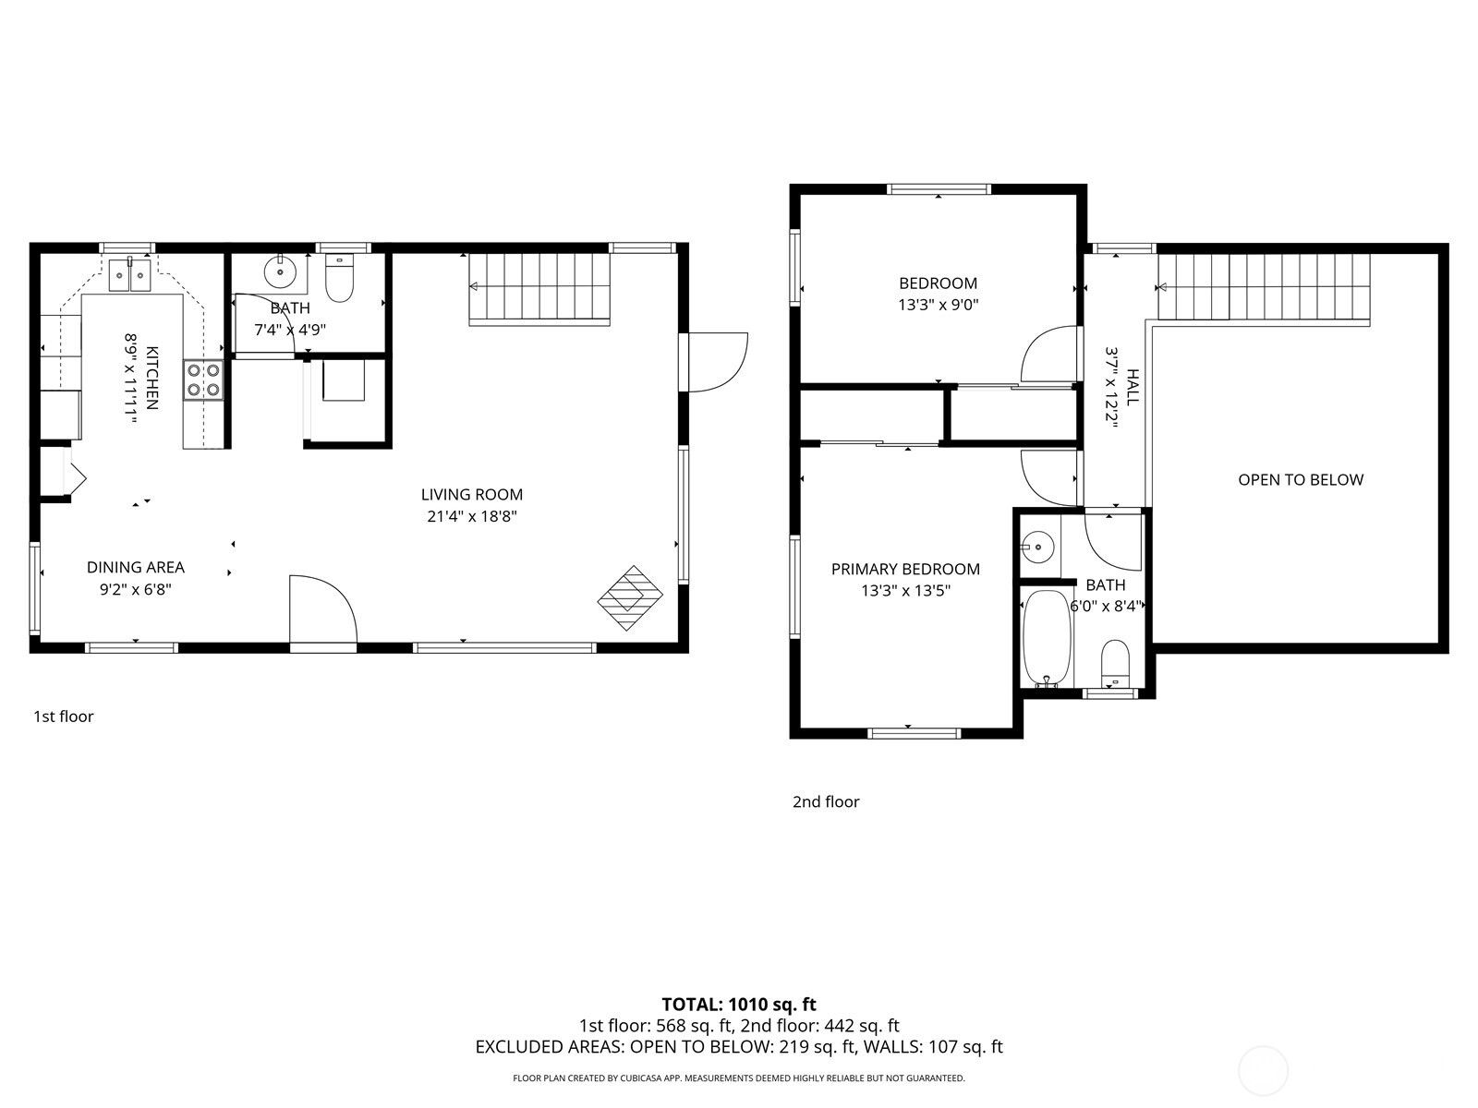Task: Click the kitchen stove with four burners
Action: tap(203, 379)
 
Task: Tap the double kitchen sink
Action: tap(129, 274)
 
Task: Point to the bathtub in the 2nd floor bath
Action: tap(1047, 637)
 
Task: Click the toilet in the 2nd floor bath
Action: tap(1116, 662)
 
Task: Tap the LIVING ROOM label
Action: tap(471, 495)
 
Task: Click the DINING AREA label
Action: tap(136, 567)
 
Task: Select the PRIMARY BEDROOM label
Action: tap(905, 569)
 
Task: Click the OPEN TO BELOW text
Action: tap(1301, 479)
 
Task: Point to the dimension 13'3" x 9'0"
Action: tap(938, 305)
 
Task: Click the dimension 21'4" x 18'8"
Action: tap(471, 517)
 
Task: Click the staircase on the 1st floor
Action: tap(539, 288)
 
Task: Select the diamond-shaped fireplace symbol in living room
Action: tap(631, 598)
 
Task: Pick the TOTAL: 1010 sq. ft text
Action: tap(738, 1004)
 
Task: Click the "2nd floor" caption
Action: tap(826, 801)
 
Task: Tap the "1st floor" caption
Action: tap(64, 716)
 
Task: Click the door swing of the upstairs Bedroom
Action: tap(1048, 355)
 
